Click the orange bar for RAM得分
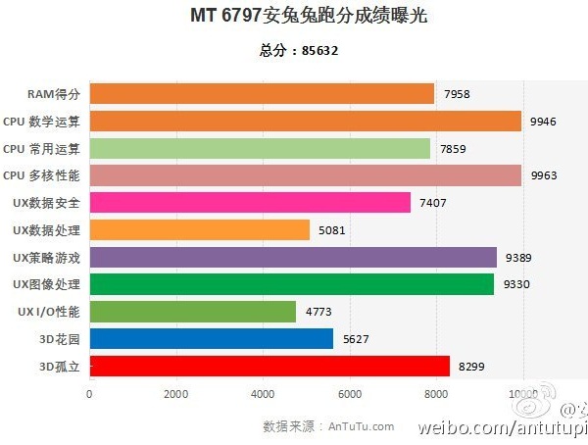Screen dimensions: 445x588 [262, 93]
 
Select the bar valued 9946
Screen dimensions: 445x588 [305, 121]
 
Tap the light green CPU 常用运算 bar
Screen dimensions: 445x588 [260, 148]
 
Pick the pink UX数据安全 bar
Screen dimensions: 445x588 [250, 203]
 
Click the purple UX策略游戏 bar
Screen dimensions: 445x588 [293, 258]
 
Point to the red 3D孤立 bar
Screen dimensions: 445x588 [269, 367]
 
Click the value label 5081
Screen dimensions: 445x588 [333, 231]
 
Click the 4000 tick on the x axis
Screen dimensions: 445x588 [263, 394]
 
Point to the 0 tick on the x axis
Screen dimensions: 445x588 [89, 394]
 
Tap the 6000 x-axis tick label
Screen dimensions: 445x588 [350, 394]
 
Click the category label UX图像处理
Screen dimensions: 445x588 [46, 285]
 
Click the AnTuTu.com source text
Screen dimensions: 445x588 [362, 426]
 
